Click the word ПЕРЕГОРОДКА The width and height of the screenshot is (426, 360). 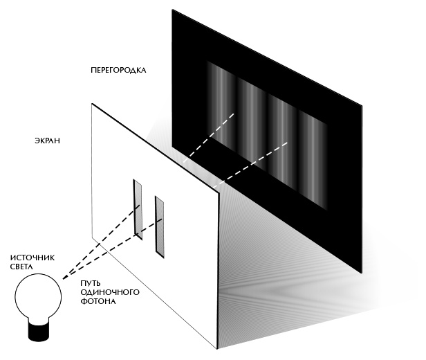(118, 71)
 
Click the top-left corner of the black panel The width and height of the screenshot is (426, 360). (173, 10)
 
